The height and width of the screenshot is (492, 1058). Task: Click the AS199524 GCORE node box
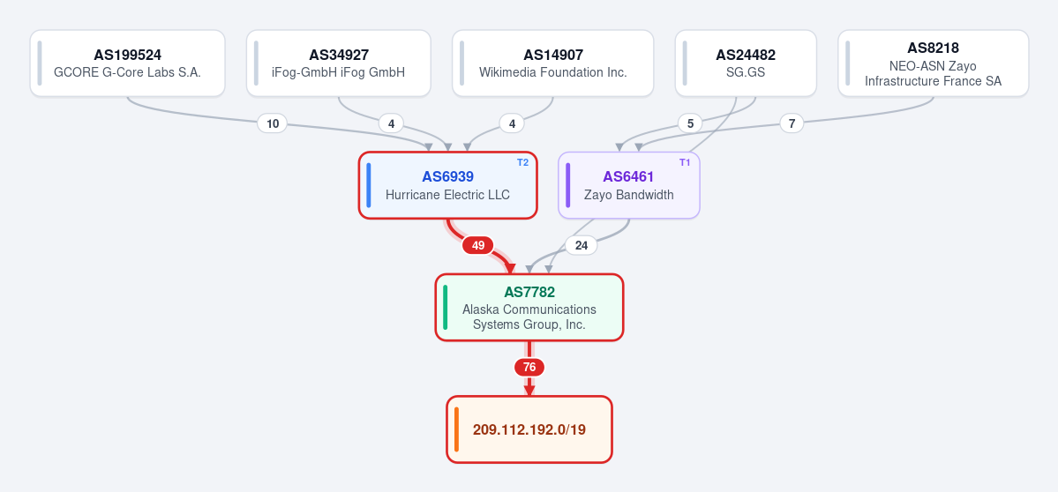[x=128, y=63]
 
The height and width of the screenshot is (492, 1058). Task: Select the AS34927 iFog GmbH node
[x=339, y=63]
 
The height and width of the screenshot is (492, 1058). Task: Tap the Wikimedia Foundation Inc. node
[x=552, y=63]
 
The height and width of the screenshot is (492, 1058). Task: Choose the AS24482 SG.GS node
[x=746, y=63]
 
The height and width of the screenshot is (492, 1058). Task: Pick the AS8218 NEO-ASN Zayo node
[x=934, y=63]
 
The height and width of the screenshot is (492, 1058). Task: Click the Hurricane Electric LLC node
[x=447, y=185]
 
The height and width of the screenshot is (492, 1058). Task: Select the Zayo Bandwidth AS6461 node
[x=629, y=185]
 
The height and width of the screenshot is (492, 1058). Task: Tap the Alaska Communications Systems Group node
[x=529, y=308]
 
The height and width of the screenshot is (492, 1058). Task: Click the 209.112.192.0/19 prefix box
[x=529, y=429]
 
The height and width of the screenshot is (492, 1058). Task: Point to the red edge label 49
[x=477, y=245]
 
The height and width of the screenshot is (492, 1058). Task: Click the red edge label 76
[x=529, y=368]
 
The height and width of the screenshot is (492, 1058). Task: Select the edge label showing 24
[x=581, y=245]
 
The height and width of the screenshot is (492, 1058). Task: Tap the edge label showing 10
[x=273, y=123]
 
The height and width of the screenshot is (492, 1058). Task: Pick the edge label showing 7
[x=792, y=123]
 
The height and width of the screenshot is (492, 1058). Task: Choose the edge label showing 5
[x=689, y=123]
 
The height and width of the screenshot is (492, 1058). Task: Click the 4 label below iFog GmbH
[x=391, y=123]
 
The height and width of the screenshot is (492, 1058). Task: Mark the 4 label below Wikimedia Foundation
[x=512, y=123]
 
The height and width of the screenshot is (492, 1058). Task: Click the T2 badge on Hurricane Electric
[x=522, y=162]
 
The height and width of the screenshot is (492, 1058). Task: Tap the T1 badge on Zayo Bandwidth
[x=685, y=162]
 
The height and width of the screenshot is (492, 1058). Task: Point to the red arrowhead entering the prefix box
[x=529, y=391]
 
